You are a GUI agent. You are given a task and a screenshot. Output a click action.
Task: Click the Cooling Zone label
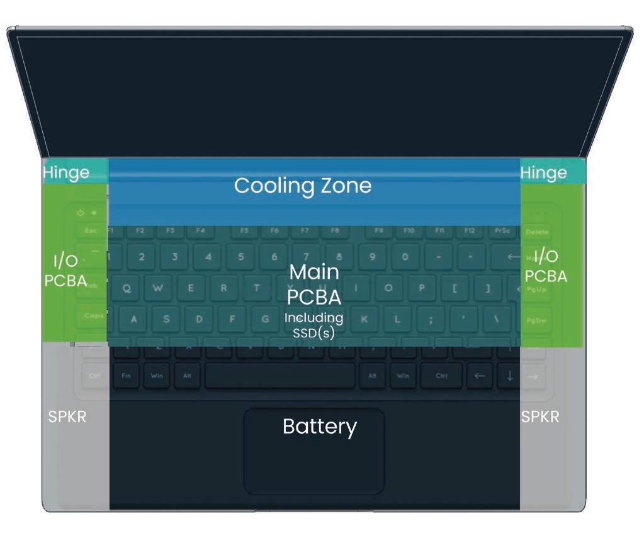(x=303, y=186)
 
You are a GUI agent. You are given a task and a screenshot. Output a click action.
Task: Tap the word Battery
(x=319, y=427)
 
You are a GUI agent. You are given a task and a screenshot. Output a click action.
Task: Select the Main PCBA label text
(x=314, y=284)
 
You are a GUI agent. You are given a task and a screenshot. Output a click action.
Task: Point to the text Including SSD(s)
(x=314, y=325)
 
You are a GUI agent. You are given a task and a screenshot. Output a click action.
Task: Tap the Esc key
(x=91, y=231)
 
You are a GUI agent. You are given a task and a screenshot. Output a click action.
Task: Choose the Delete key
(x=536, y=232)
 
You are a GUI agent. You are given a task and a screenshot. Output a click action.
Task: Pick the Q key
(x=127, y=288)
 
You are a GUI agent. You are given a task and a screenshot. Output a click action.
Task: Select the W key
(x=159, y=288)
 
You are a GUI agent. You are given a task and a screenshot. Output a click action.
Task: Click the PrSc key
(x=502, y=231)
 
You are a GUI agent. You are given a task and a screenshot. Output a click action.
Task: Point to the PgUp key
(x=537, y=289)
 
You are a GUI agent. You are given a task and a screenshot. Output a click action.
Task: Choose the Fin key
(x=126, y=376)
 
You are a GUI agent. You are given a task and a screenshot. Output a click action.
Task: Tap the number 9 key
(x=371, y=257)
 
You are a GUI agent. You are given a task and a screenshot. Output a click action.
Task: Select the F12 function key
(x=470, y=231)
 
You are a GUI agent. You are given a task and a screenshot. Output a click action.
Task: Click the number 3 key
(x=175, y=257)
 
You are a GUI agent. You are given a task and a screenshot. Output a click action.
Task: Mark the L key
(x=397, y=319)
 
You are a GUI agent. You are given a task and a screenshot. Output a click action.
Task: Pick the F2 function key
(x=140, y=231)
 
